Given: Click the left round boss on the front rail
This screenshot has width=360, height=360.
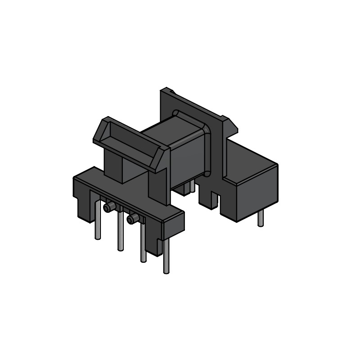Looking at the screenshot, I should pos(108,207).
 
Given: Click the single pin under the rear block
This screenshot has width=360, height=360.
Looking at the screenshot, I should pos(261,219).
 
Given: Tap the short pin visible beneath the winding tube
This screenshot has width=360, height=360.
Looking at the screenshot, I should pos(192,186).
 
